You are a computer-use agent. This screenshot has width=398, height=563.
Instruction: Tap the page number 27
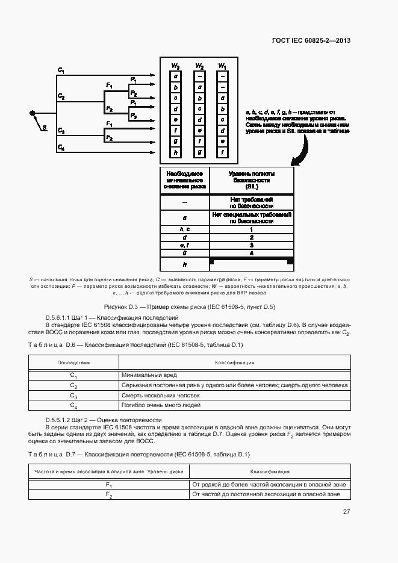pos(346,512)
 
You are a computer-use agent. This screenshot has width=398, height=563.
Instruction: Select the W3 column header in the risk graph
pos(175,65)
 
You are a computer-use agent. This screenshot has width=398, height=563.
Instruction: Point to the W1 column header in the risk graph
pos(222,65)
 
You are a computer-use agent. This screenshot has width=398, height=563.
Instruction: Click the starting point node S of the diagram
pos(33,113)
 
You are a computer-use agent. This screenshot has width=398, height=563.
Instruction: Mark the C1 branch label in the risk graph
pos(61,70)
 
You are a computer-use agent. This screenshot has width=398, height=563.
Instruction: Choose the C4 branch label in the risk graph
pos(61,147)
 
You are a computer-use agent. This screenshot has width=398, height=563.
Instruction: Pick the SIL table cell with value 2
pos(252,238)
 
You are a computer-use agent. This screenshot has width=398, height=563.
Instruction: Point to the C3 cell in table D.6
pos(73,396)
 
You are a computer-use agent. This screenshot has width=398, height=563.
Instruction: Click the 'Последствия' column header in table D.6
pos(73,362)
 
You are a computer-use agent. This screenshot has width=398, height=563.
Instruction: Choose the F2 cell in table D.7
pos(109,494)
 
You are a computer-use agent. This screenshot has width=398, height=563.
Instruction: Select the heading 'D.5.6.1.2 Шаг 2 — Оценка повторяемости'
pos(103,419)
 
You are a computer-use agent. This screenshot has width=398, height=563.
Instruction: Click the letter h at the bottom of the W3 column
pos(175,152)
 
